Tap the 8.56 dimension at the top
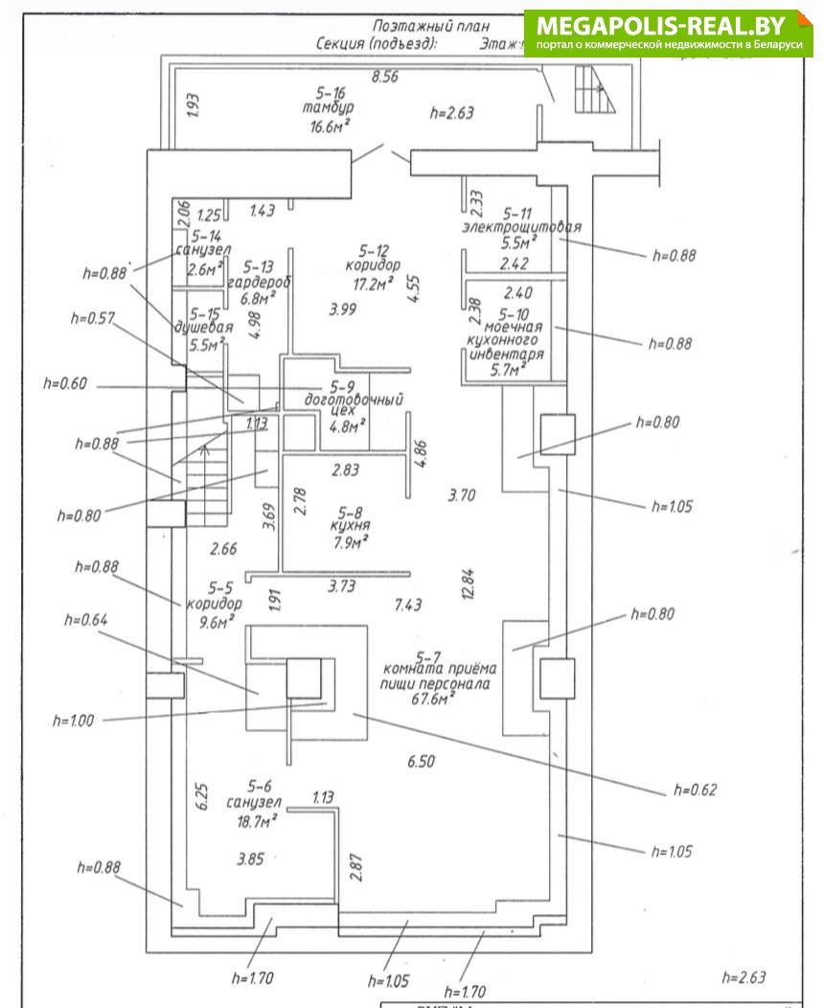click(x=384, y=78)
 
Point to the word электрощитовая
click(x=521, y=227)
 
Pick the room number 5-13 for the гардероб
click(x=259, y=267)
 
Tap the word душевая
click(x=199, y=327)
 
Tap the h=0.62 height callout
click(x=695, y=790)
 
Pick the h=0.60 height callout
click(x=65, y=384)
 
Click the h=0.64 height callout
click(x=84, y=620)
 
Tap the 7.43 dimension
click(x=409, y=605)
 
